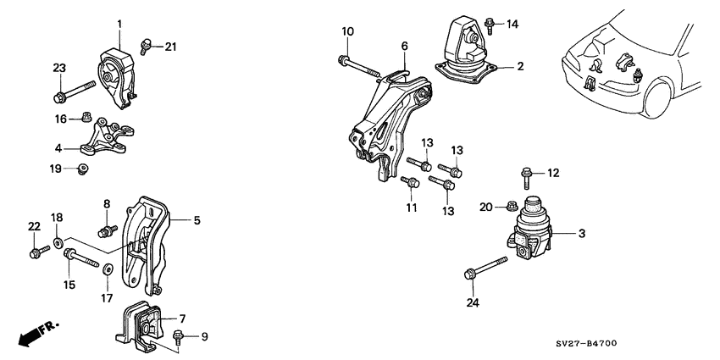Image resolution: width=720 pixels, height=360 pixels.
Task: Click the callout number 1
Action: tap(119, 23)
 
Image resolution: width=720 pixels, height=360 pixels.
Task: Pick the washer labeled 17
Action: tap(109, 272)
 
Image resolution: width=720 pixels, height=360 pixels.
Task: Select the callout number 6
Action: tap(404, 45)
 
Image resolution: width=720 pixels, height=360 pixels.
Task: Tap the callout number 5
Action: tap(197, 221)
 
